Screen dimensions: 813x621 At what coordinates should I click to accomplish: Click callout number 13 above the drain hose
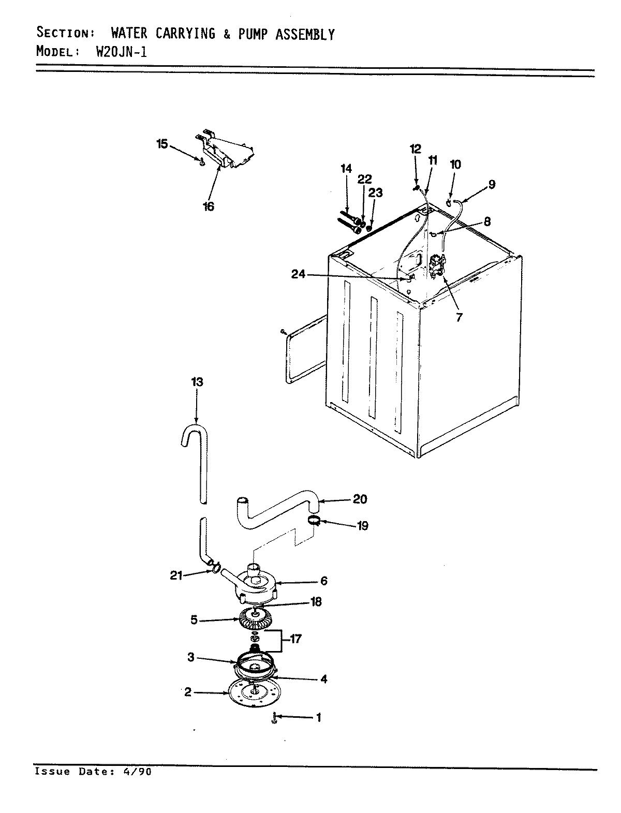197,382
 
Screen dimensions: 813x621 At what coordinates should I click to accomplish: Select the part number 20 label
360,499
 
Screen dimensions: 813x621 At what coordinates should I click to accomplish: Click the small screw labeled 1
274,718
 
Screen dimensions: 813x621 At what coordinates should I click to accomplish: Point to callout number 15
162,144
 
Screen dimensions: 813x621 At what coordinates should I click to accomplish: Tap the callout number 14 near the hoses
346,169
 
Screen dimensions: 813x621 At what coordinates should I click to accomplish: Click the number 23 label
376,193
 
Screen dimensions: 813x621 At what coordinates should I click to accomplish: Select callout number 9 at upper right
491,184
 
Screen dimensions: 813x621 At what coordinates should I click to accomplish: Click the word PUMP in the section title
256,34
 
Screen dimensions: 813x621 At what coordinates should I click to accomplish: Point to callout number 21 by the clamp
176,575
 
